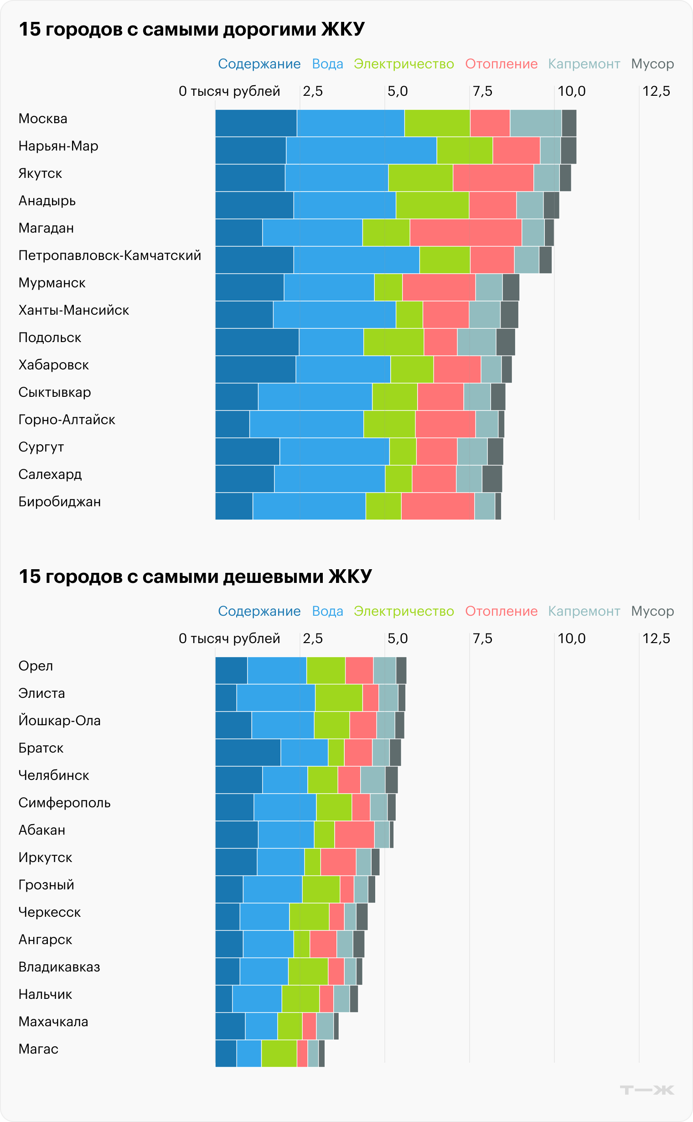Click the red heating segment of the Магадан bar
point(465,233)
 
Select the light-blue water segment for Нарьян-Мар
point(361,151)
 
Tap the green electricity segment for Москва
point(437,123)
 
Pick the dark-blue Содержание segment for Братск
point(248,752)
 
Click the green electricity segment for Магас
point(279,1053)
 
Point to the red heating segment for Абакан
point(354,834)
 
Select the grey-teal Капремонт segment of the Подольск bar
point(476,342)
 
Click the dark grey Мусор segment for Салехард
point(492,479)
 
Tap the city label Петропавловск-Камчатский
point(109,255)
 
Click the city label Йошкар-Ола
point(60,720)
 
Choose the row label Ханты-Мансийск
point(74,311)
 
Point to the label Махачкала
point(53,1022)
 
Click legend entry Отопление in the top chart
point(501,64)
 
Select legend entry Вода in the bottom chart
point(327,611)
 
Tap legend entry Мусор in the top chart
point(652,64)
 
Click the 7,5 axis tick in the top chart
point(482,91)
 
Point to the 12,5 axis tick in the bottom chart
point(656,638)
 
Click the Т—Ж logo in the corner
point(646,1090)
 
